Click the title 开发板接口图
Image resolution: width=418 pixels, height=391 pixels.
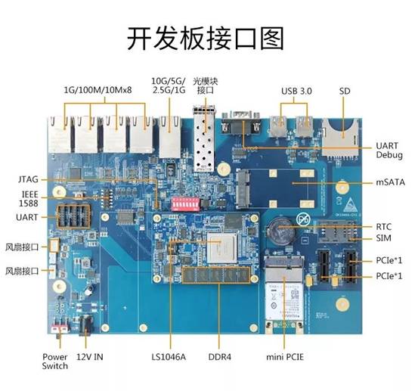coord(206,38)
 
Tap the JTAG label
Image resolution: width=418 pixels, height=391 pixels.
coord(28,179)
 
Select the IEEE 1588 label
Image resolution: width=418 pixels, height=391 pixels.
coord(29,199)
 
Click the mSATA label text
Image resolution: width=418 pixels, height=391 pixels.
coord(390,182)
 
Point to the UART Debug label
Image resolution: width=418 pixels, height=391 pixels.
coord(389,151)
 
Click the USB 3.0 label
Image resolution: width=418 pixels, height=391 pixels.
coord(296,92)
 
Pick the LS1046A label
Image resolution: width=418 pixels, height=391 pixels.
coord(169,357)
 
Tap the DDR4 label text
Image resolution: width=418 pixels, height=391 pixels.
coord(220,357)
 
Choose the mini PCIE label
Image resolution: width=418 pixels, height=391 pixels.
coord(285,357)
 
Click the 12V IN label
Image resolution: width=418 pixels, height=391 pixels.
coord(89,357)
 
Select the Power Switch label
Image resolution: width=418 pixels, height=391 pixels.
coord(54,362)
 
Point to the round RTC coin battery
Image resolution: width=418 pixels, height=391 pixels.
coord(281,231)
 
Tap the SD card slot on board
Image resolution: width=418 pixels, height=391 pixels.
coord(340,138)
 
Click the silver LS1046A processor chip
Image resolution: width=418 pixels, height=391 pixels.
coord(221,248)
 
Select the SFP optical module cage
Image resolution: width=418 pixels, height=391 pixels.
coord(204,138)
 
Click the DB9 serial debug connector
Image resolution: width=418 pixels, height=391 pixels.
coord(240,123)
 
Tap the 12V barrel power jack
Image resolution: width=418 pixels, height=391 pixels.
coord(86,325)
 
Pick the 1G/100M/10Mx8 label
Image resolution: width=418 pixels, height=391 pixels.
coord(98,90)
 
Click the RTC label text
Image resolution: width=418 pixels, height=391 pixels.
coord(384,227)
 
